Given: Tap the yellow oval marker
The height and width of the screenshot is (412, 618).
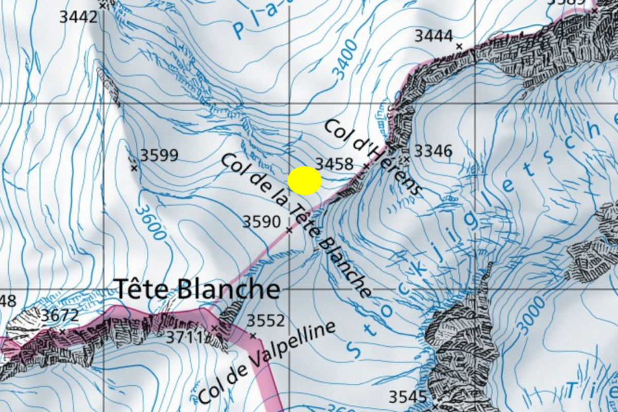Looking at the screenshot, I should [305, 181].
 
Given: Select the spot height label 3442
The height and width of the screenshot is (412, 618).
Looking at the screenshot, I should [78, 17].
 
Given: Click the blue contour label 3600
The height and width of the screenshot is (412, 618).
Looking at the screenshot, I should [150, 222].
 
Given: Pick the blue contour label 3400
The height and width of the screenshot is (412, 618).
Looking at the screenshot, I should [345, 60].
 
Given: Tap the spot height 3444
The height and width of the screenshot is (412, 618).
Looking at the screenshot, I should [434, 36].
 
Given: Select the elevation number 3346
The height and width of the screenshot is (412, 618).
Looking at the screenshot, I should [433, 151].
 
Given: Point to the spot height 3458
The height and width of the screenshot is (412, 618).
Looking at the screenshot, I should [334, 164].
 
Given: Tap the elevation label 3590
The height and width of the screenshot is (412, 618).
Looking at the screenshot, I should [262, 222].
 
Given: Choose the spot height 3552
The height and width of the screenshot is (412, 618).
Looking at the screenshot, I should [266, 321].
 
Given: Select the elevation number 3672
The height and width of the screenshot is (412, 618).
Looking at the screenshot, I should [60, 315].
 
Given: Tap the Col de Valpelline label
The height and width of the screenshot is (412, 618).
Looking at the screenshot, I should [267, 363].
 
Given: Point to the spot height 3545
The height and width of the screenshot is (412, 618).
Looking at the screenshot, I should [407, 397].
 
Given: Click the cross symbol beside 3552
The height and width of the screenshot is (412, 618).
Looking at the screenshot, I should [253, 336].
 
